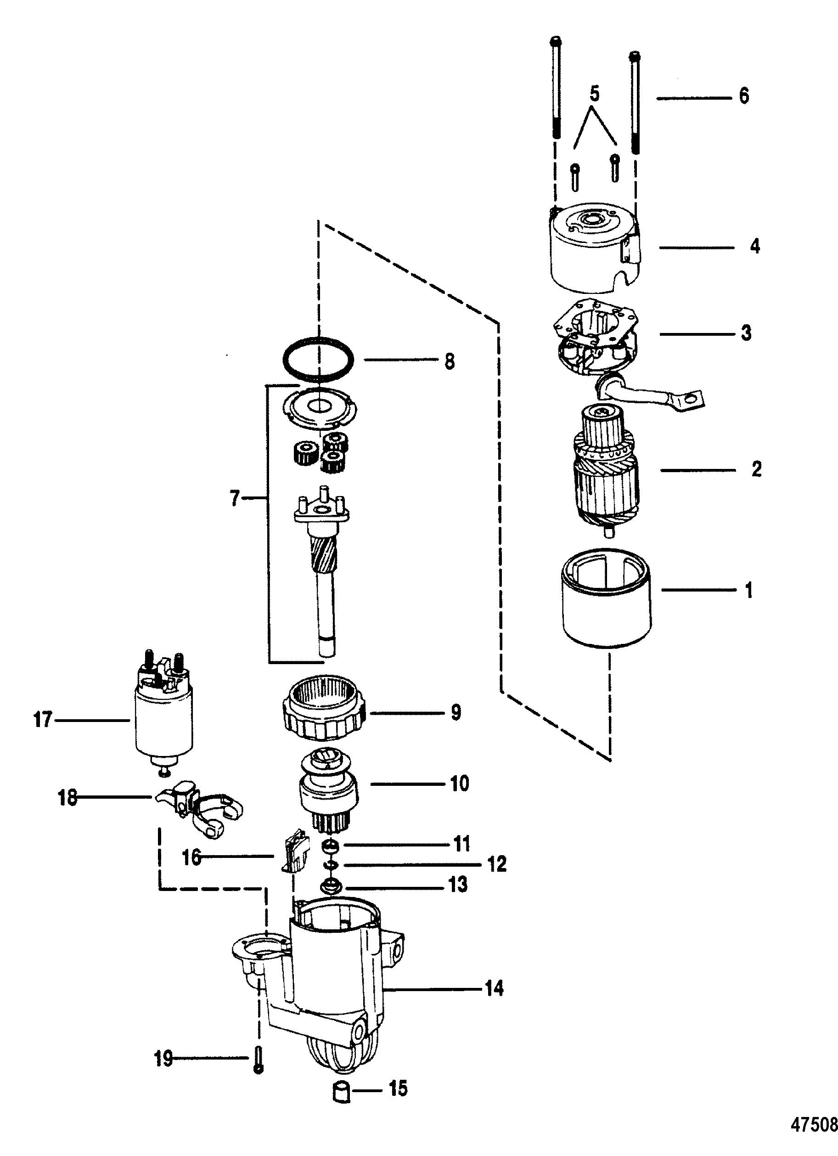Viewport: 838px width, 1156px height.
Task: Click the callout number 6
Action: click(x=744, y=96)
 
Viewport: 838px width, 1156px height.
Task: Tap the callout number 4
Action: click(x=755, y=246)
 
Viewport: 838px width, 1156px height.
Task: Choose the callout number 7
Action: click(x=234, y=498)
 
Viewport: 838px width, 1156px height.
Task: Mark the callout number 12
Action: click(x=496, y=864)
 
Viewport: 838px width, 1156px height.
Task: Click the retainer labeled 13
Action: click(x=329, y=886)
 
